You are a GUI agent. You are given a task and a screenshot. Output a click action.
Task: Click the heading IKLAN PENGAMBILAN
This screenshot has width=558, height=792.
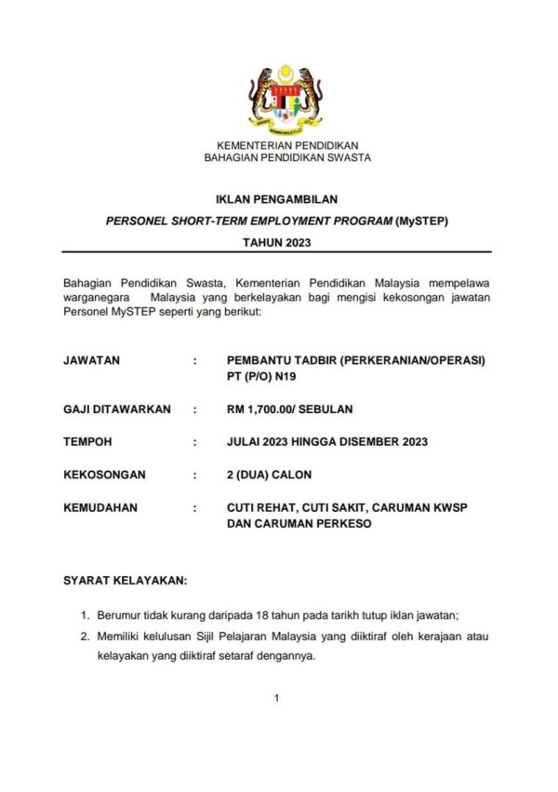[276, 198]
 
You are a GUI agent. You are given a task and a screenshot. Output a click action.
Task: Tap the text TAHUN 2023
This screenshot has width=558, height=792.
[276, 243]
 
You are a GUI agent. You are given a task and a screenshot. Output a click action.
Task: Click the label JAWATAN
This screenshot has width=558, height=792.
[91, 359]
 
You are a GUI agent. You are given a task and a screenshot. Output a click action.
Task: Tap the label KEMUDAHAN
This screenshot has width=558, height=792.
[100, 508]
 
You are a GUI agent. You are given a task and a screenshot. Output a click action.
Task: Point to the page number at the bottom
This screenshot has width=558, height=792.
[277, 698]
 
